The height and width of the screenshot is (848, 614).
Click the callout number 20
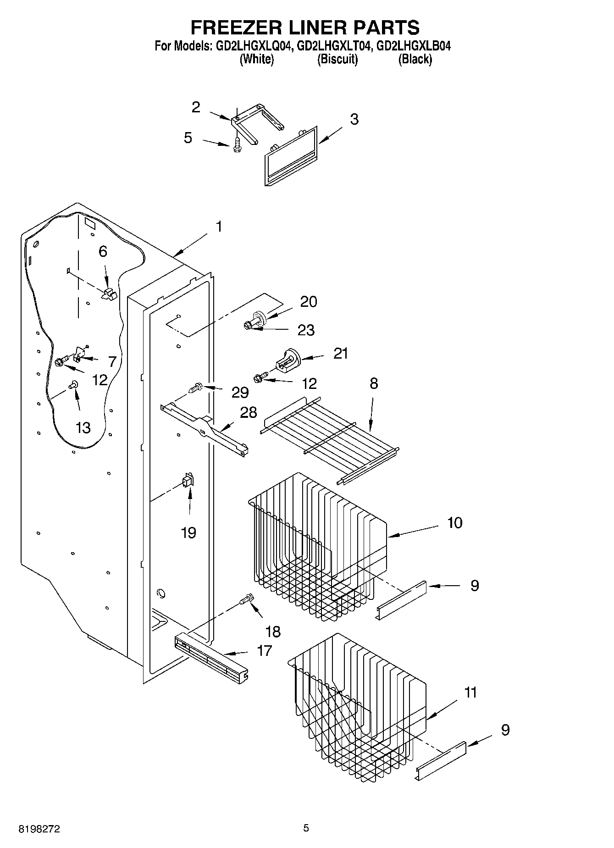coord(308,302)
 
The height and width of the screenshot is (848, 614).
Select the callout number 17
coord(264,650)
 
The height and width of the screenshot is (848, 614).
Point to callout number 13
coord(83,428)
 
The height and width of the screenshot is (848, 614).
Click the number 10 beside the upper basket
coord(454,522)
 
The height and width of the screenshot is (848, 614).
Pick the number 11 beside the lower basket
coord(470,692)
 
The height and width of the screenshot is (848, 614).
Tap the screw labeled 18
coord(247,599)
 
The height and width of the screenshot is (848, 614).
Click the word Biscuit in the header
coord(337,59)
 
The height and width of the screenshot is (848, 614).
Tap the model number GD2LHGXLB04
coord(413,46)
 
